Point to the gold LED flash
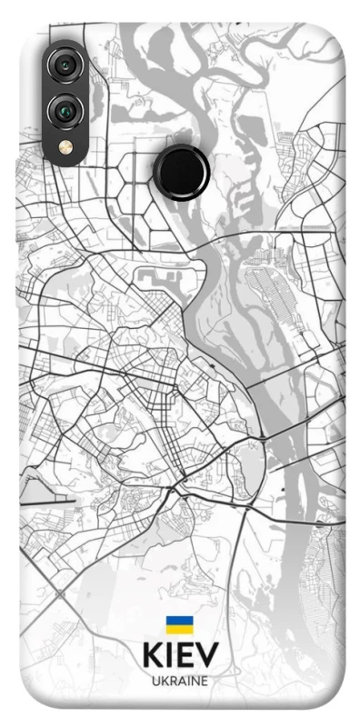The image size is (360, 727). (64, 145)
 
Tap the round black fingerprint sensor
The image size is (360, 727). (181, 168)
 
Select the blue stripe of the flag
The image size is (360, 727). (179, 621)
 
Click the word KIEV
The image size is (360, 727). (179, 656)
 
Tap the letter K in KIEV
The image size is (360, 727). (150, 656)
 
